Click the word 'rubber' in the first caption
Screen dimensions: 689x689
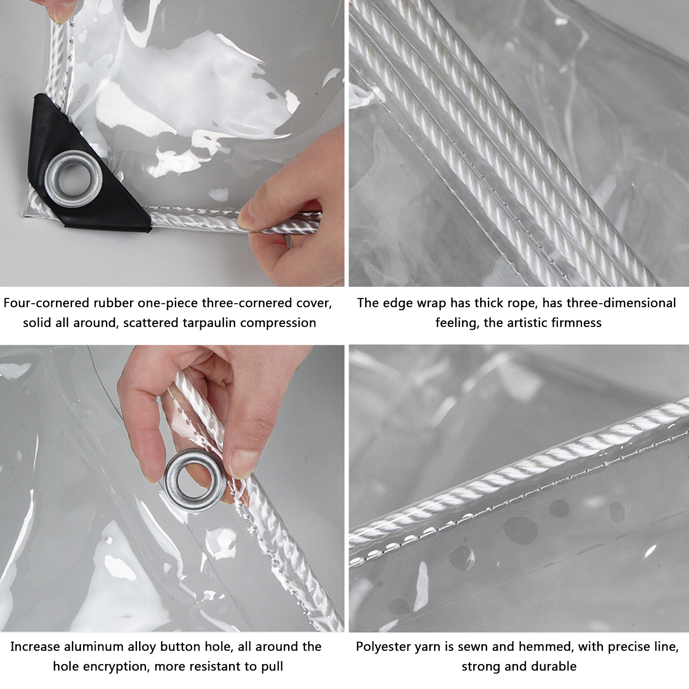click(x=114, y=303)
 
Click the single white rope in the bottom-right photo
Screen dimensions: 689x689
click(x=517, y=469)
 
